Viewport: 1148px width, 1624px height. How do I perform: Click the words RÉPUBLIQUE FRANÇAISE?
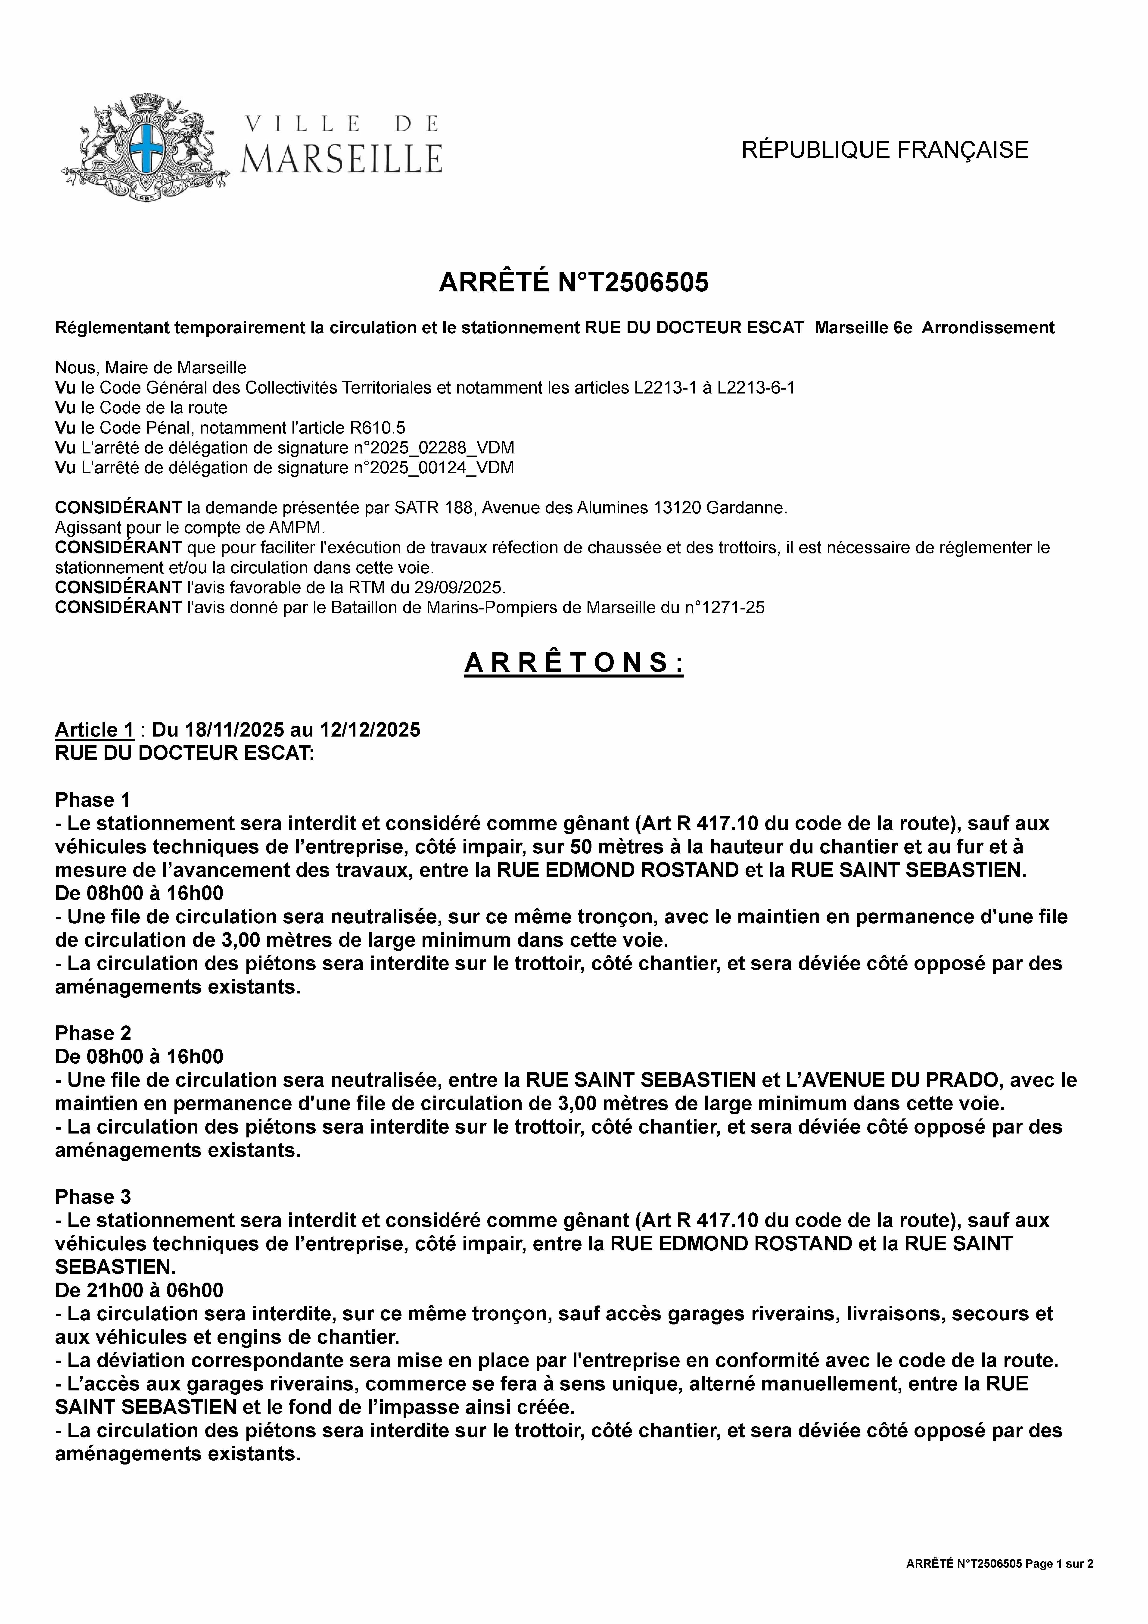click(884, 150)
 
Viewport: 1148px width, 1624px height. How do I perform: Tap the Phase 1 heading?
click(93, 800)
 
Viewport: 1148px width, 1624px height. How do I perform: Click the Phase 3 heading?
click(93, 1197)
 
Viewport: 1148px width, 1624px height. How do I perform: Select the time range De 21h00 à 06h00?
click(139, 1290)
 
